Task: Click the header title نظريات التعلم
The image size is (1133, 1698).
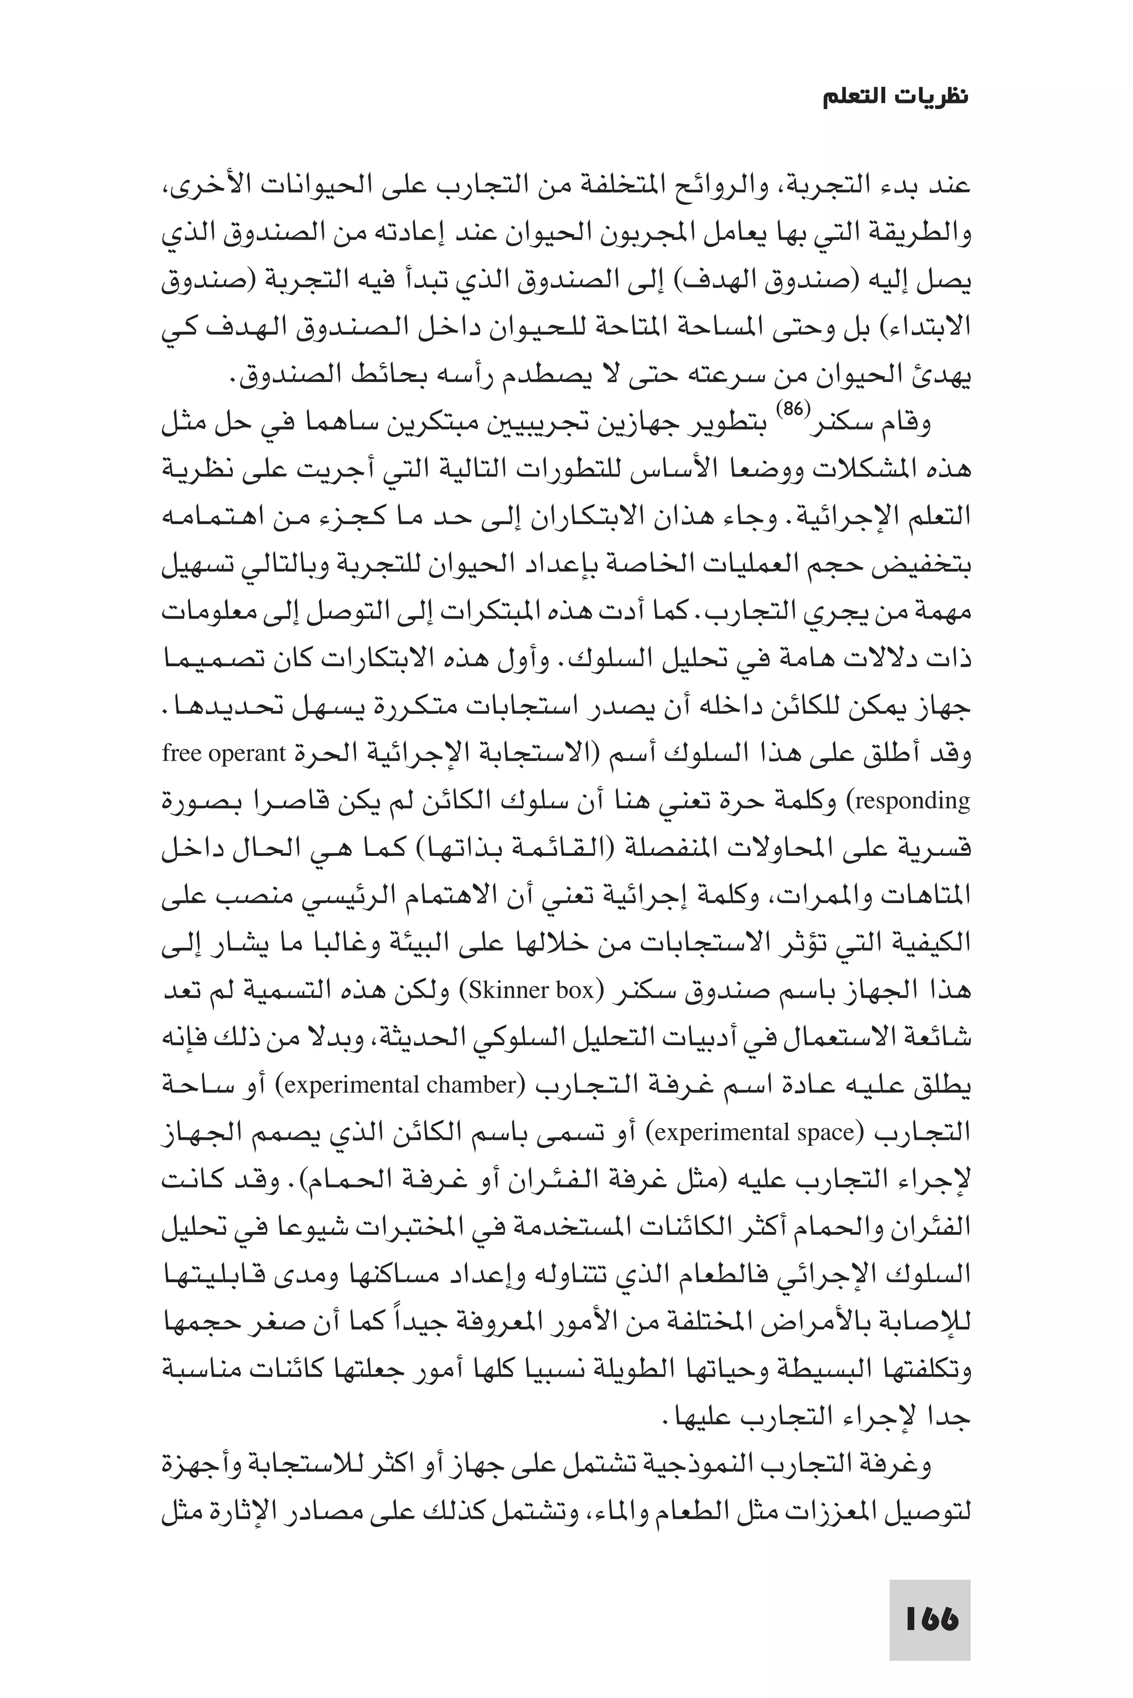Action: pyautogui.click(x=896, y=97)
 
